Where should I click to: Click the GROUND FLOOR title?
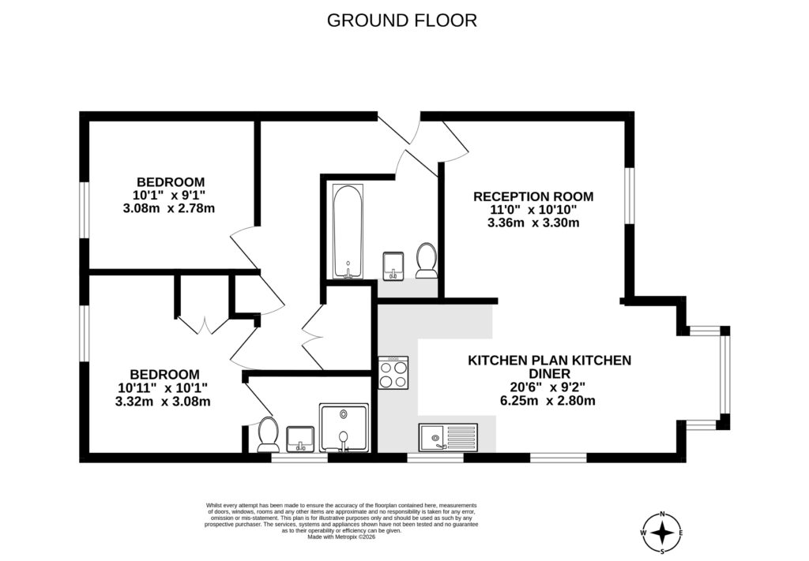click(x=402, y=21)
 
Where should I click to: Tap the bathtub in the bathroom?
click(x=348, y=232)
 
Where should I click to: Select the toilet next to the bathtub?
click(x=427, y=260)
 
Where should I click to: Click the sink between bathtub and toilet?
click(x=393, y=265)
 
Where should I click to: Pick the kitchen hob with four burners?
click(x=393, y=373)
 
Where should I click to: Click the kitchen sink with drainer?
click(x=448, y=436)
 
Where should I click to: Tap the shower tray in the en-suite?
click(x=344, y=428)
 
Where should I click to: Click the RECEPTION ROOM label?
click(x=533, y=196)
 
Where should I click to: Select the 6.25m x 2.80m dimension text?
click(x=549, y=400)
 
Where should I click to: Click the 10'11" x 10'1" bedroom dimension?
click(x=164, y=387)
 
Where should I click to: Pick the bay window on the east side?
click(x=724, y=377)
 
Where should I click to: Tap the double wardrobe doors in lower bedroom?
click(x=204, y=324)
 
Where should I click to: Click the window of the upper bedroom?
click(x=84, y=209)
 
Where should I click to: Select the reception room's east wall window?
click(x=629, y=196)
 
